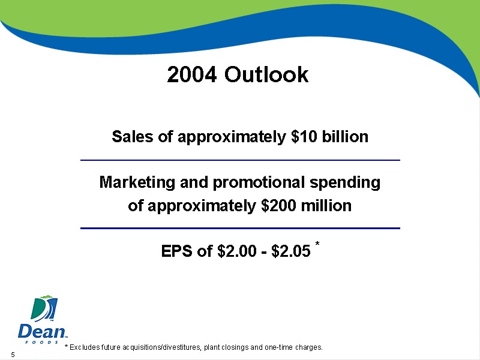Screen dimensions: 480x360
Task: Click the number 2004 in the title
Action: click(192, 74)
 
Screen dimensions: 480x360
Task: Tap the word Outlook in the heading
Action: click(266, 74)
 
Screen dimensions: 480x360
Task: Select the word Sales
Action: click(132, 136)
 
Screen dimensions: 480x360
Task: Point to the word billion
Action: click(345, 136)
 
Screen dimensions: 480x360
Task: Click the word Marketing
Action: click(137, 182)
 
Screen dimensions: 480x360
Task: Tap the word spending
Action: click(345, 182)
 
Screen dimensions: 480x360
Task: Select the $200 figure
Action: click(278, 205)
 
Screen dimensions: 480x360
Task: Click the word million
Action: click(326, 205)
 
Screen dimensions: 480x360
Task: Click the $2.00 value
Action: click(236, 251)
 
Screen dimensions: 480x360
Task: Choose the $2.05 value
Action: click(291, 251)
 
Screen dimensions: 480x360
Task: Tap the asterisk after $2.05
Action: click(317, 244)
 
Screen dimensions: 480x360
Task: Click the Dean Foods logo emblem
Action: click(44, 308)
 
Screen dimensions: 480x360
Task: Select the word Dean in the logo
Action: click(42, 331)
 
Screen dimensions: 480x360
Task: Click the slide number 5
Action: click(13, 355)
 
